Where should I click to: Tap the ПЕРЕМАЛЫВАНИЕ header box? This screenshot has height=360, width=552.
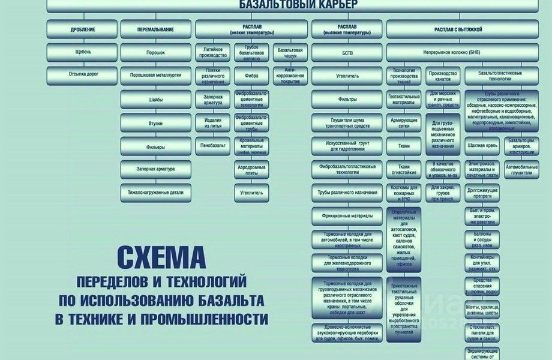pyautogui.click(x=155, y=29)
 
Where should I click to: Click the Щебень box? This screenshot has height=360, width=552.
pyautogui.click(x=83, y=52)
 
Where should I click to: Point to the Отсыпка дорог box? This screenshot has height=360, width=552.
pyautogui.click(x=83, y=75)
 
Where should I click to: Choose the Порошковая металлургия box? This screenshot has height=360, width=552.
pyautogui.click(x=155, y=76)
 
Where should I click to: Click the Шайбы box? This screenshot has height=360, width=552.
pyautogui.click(x=155, y=100)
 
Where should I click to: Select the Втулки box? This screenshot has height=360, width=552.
pyautogui.click(x=155, y=123)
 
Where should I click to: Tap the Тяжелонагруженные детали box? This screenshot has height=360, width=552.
pyautogui.click(x=155, y=193)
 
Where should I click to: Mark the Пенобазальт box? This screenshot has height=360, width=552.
pyautogui.click(x=213, y=145)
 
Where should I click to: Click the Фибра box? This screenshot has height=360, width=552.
pyautogui.click(x=251, y=76)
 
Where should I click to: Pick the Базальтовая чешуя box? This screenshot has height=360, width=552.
pyautogui.click(x=290, y=52)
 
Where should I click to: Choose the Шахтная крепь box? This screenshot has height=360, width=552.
pyautogui.click(x=483, y=145)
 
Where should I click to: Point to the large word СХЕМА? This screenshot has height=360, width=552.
pyautogui.click(x=160, y=259)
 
